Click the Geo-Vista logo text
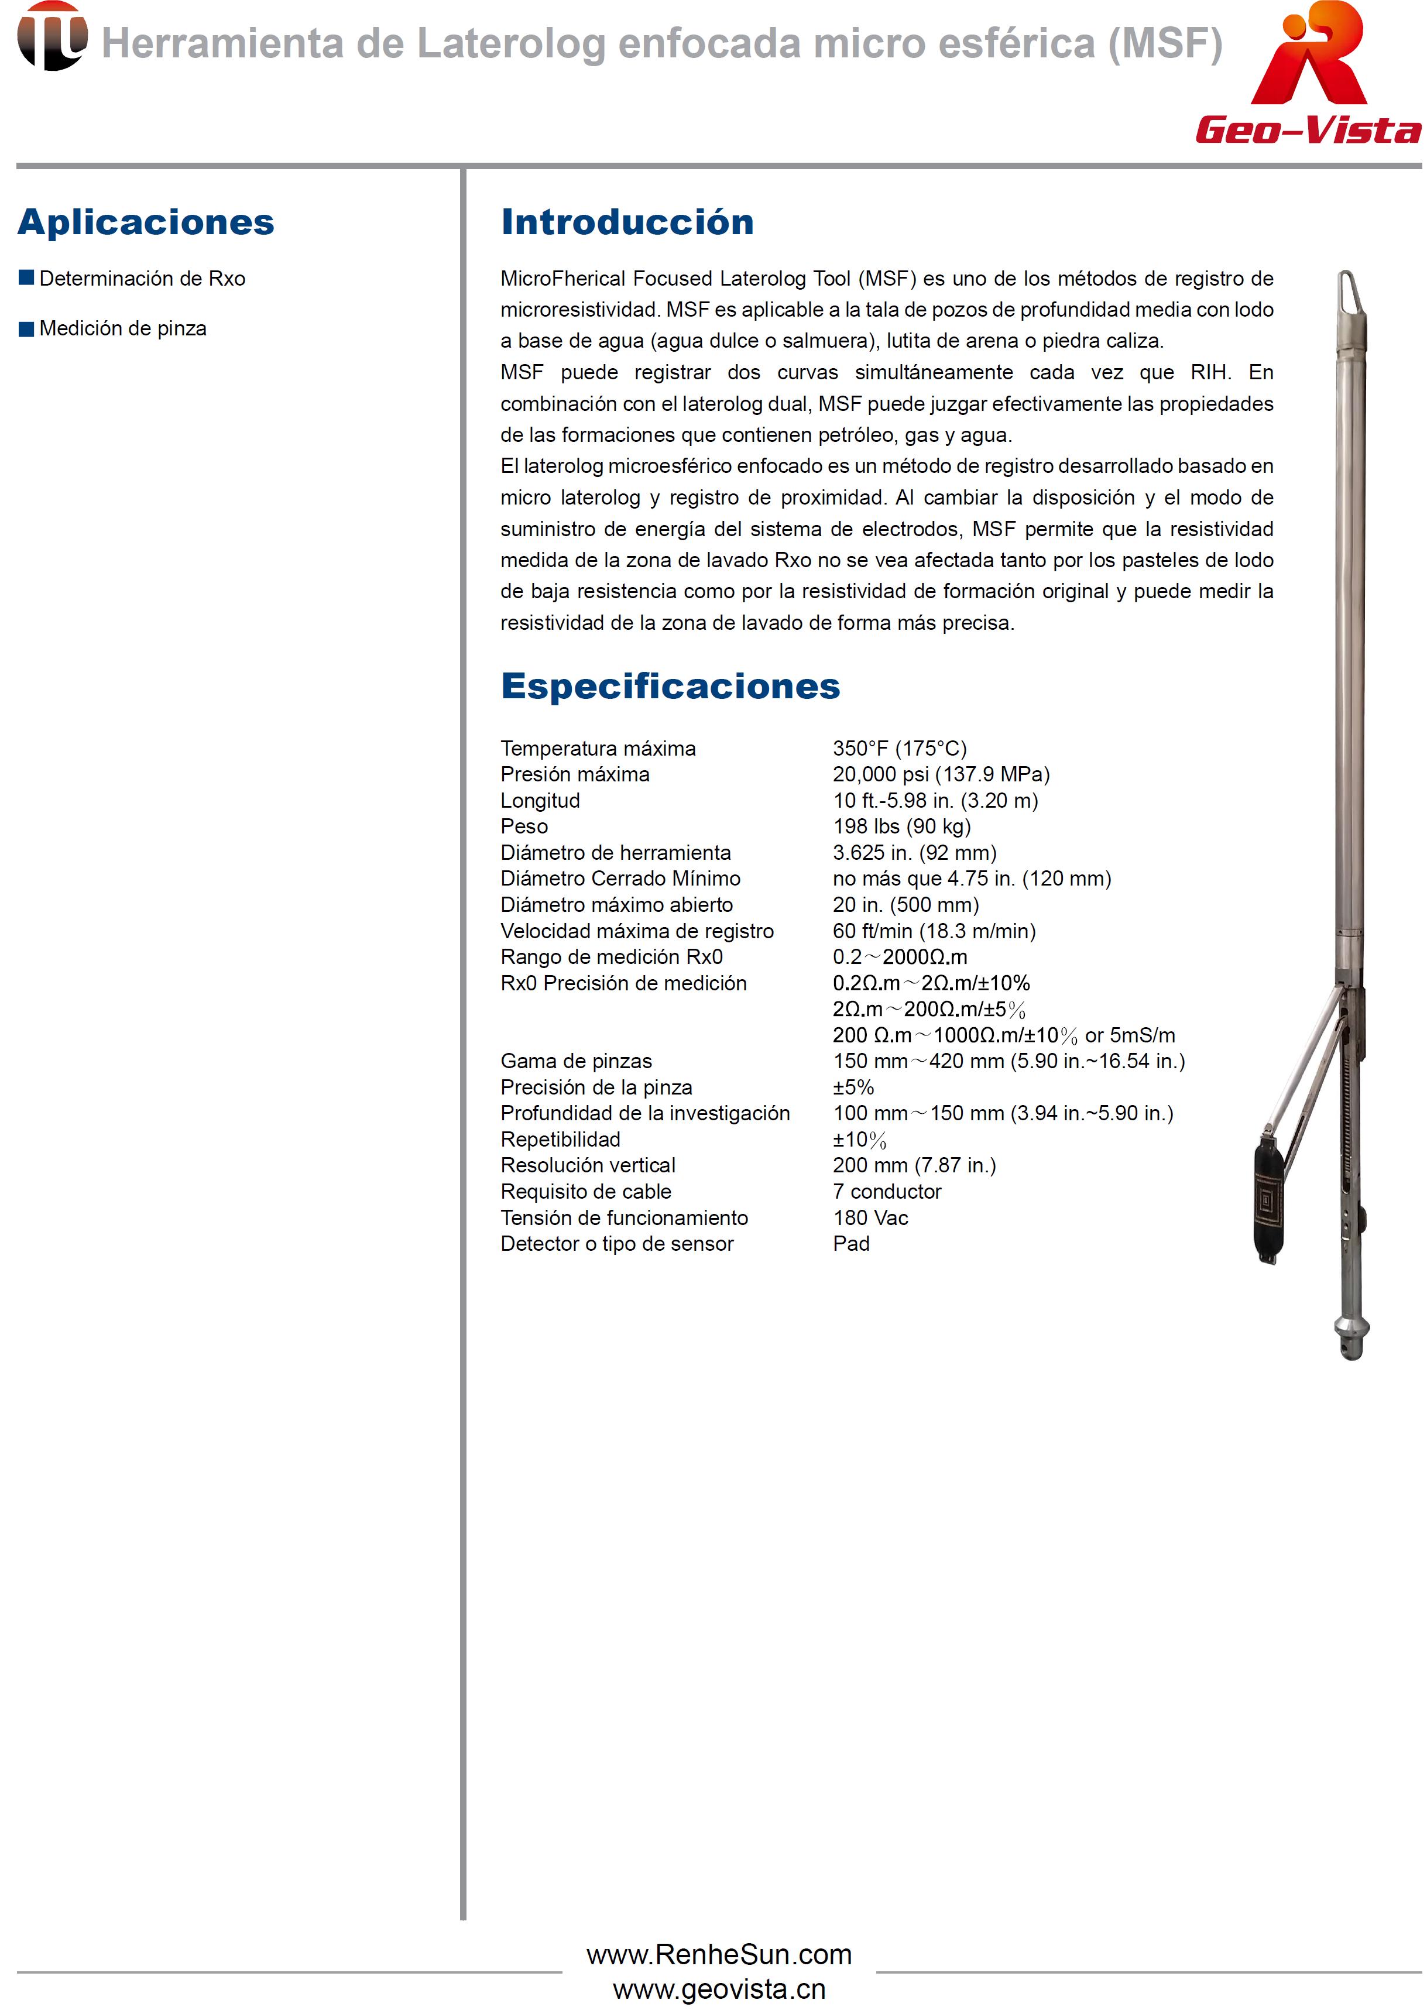click(x=1308, y=130)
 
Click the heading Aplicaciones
click(x=146, y=222)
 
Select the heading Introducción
click(x=626, y=222)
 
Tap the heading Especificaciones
click(x=670, y=687)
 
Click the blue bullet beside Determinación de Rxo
click(x=26, y=279)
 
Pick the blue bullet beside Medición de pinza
click(x=26, y=328)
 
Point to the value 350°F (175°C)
click(x=899, y=749)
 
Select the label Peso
click(x=524, y=827)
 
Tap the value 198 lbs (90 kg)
click(x=901, y=827)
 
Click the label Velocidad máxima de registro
click(x=636, y=931)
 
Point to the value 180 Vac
click(x=870, y=1218)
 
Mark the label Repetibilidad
click(x=560, y=1140)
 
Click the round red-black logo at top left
click(x=52, y=36)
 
